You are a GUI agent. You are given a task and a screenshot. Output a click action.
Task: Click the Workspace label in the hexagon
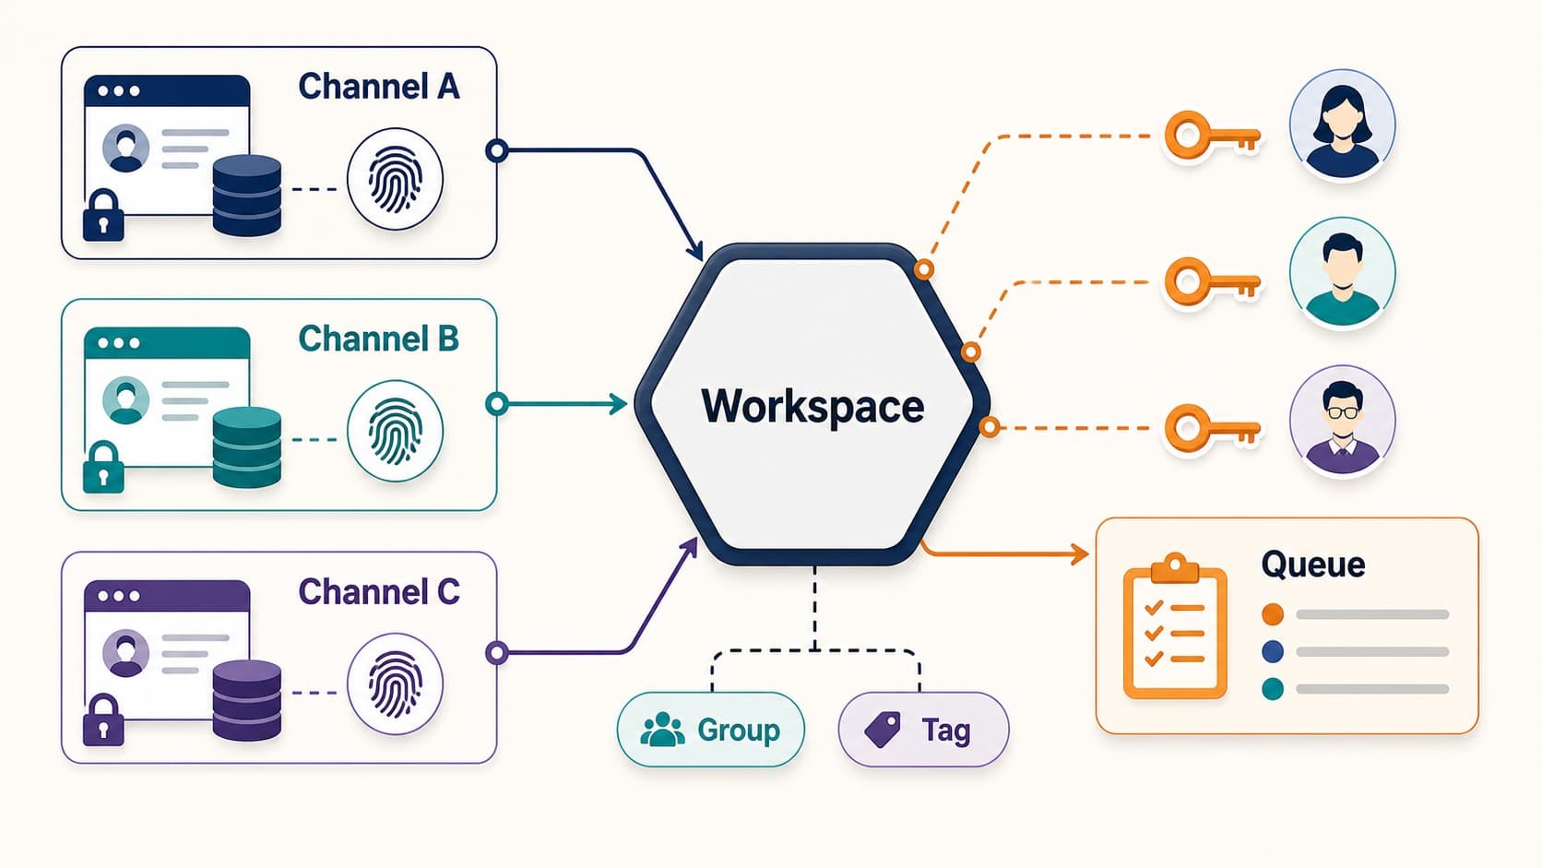click(813, 406)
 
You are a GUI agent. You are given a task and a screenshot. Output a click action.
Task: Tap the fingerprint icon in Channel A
click(395, 179)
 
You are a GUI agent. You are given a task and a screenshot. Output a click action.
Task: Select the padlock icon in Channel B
click(103, 467)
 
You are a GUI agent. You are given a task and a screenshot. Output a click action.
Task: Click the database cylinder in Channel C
click(247, 699)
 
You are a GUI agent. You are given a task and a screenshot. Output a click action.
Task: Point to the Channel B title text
click(379, 339)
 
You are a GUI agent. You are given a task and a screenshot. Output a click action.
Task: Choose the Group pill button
click(711, 730)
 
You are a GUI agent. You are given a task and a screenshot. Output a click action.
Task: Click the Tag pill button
click(924, 730)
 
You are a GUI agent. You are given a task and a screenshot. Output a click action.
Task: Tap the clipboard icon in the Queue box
click(1175, 626)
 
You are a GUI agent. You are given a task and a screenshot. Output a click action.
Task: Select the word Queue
click(1313, 565)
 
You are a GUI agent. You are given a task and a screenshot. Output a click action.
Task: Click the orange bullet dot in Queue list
click(1273, 614)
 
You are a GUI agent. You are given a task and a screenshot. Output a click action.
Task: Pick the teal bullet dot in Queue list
click(1273, 689)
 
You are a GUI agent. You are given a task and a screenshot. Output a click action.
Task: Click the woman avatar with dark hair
click(1343, 125)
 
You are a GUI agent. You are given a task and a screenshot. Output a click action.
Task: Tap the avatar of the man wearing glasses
click(1343, 420)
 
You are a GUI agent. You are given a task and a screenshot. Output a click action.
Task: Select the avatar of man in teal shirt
click(1343, 272)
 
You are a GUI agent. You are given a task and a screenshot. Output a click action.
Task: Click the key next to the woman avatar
click(1212, 137)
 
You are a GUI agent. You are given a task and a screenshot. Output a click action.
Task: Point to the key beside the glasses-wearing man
click(1212, 428)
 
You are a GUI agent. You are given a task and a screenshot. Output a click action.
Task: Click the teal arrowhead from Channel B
click(617, 404)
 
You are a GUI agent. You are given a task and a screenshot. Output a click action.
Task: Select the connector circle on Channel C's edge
click(496, 652)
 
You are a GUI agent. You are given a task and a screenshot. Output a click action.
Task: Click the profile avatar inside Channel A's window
click(126, 148)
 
